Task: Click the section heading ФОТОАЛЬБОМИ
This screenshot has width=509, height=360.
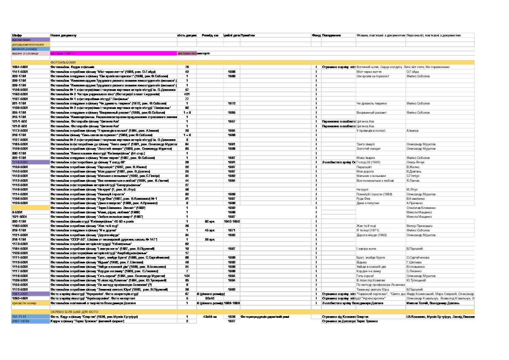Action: point(63,63)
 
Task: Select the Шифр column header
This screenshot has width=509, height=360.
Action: point(17,35)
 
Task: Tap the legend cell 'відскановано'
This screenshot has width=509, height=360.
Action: point(21,40)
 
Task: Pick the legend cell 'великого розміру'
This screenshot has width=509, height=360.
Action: point(24,49)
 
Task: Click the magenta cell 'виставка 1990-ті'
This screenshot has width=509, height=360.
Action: point(63,53)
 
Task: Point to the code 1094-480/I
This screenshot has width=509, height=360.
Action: point(20,67)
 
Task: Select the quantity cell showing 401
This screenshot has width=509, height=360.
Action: point(187,94)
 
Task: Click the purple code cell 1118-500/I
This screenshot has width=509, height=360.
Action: point(20,162)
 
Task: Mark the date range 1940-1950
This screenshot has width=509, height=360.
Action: point(232,221)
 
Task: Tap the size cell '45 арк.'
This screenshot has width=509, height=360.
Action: point(210,230)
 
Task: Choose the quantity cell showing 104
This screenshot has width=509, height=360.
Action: point(187,276)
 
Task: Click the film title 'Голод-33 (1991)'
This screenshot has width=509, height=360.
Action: point(369,162)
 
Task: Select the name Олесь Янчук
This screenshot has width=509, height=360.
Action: point(415,162)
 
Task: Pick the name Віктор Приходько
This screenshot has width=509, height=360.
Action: point(420,226)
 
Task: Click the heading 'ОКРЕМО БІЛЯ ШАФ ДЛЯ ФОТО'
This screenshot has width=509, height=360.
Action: point(74,312)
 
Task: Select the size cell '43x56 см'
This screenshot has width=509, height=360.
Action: point(210,317)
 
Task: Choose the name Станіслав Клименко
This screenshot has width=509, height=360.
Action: point(421,208)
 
